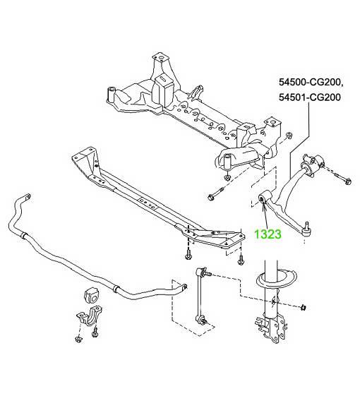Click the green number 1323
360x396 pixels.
tap(268, 234)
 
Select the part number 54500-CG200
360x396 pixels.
tap(310, 83)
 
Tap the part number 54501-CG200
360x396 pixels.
tap(310, 97)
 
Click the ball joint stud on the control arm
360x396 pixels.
tap(307, 225)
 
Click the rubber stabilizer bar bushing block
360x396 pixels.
tap(91, 295)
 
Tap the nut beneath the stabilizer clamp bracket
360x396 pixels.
tap(78, 339)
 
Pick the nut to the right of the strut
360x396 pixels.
tap(304, 307)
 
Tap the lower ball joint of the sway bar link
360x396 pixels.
tap(201, 321)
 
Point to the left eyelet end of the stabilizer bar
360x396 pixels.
tap(27, 197)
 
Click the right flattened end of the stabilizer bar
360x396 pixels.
tap(184, 287)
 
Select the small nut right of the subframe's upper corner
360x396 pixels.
tap(288, 135)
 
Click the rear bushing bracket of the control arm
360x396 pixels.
tap(313, 164)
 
